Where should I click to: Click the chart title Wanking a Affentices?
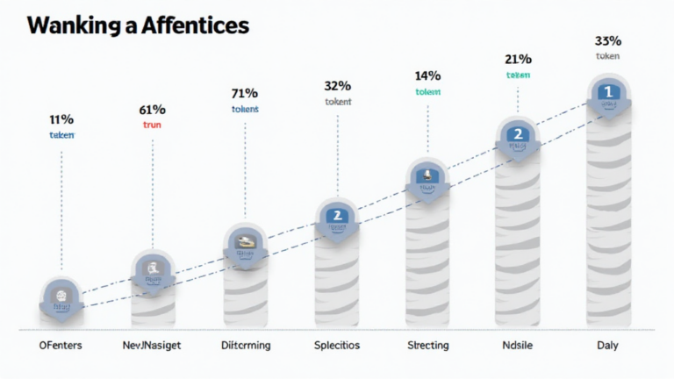tap(138, 26)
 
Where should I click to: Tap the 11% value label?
tap(61, 118)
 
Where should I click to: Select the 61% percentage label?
tap(153, 110)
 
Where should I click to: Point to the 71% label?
tap(244, 93)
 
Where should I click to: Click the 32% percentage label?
tap(337, 86)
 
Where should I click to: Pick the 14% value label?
tap(427, 76)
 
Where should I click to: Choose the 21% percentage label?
tap(518, 59)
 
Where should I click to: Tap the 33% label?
tap(607, 40)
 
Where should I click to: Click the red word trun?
tap(153, 125)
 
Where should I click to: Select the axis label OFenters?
tap(61, 346)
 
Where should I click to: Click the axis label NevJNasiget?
tap(153, 346)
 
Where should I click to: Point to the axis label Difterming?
tap(244, 346)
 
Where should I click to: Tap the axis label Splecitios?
tap(337, 346)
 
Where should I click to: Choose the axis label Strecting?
tap(427, 346)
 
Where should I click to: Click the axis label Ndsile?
tap(519, 346)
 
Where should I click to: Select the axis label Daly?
tap(607, 346)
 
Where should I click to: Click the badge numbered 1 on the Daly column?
tap(606, 90)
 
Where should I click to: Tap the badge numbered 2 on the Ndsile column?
tap(518, 134)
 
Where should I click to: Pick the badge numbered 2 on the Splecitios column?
tap(336, 215)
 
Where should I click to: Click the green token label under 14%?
tap(427, 92)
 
